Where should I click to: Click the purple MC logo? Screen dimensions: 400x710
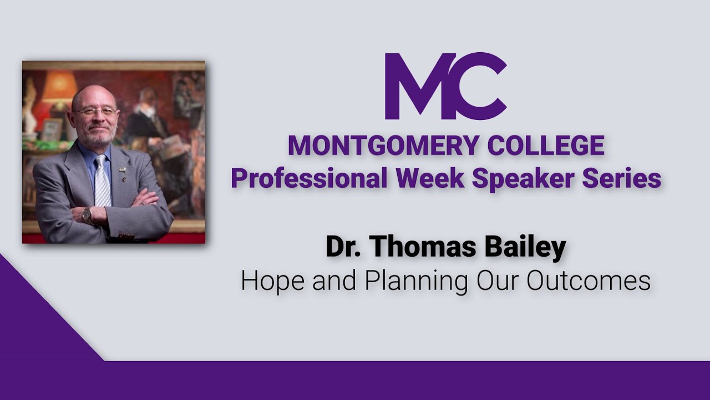[x=445, y=86]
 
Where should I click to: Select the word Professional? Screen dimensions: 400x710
[x=309, y=178]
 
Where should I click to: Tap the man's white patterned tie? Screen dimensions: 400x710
[x=102, y=181]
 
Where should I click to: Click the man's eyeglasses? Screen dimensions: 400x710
[x=95, y=112]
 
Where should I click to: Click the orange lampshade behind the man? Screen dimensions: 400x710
[x=60, y=87]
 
